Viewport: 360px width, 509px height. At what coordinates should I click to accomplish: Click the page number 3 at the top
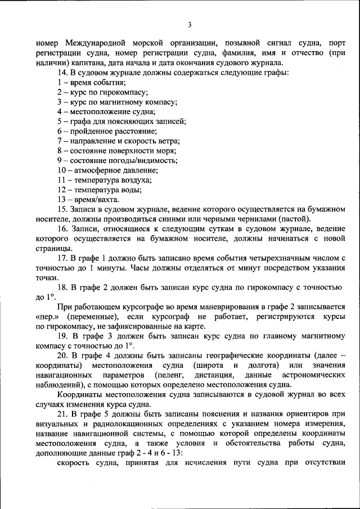190,24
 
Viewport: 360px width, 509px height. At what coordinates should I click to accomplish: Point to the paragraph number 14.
62,73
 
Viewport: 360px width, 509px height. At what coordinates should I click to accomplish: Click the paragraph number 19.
62,336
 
